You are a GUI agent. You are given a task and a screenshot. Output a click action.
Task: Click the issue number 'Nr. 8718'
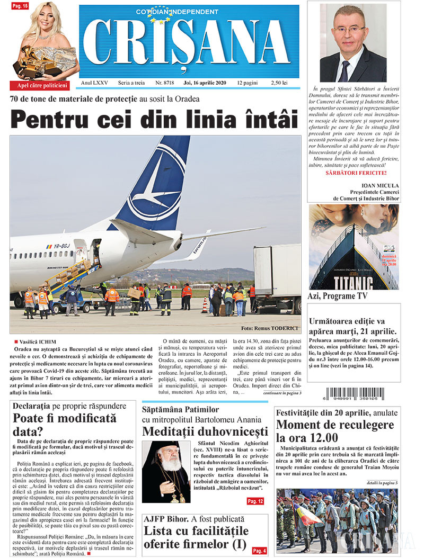[x=165, y=83]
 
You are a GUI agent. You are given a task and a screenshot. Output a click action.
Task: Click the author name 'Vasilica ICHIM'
[x=38, y=342]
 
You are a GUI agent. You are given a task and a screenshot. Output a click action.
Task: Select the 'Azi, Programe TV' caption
[x=337, y=296]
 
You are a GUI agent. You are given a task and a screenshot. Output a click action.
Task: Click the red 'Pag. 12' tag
[x=255, y=501]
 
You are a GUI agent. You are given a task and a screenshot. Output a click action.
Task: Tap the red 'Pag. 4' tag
[x=259, y=551]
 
